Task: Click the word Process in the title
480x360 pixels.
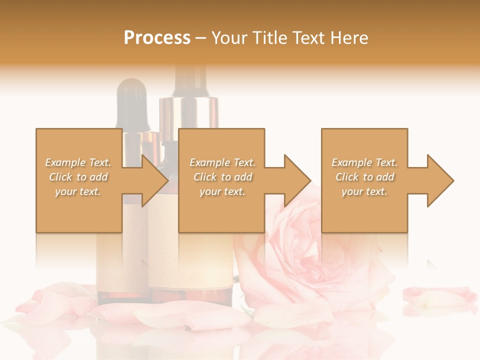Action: (157, 38)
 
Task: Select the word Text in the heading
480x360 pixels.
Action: (309, 38)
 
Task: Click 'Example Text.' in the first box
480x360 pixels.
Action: (78, 162)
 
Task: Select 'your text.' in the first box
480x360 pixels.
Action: (78, 191)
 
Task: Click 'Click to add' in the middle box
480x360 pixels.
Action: (222, 177)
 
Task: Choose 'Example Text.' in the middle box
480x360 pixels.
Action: (222, 162)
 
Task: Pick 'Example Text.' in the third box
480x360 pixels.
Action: (365, 162)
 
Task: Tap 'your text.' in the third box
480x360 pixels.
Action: (365, 191)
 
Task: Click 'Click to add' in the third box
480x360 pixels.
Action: (365, 177)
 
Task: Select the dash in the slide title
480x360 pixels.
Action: (201, 38)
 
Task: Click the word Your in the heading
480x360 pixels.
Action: (229, 38)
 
